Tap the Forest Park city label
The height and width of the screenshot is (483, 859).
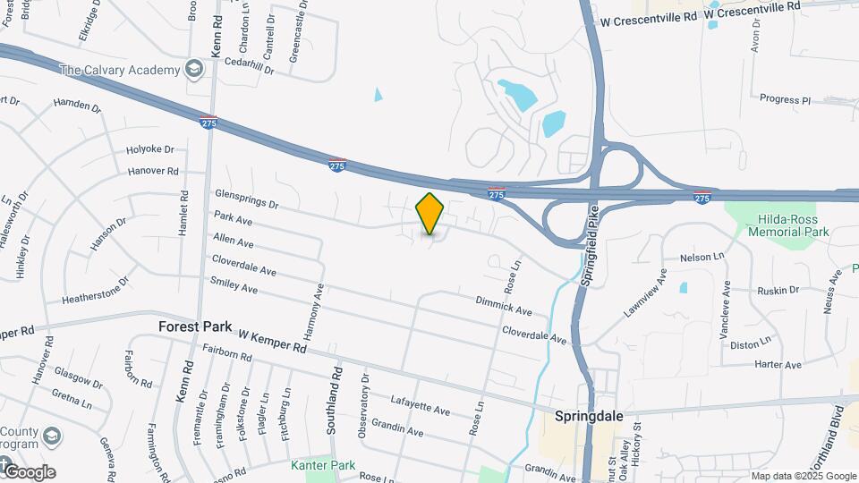[195, 327]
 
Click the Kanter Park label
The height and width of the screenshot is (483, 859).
[323, 465]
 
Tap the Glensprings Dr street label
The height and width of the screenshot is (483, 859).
[247, 204]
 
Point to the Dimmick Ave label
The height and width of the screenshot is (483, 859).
[504, 307]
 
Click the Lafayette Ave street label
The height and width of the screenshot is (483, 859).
[421, 404]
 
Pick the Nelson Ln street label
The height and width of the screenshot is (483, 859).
[702, 258]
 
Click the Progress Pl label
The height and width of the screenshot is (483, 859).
[785, 99]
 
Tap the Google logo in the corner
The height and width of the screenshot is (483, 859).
[29, 472]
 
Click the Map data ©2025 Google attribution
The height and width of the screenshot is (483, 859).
[804, 476]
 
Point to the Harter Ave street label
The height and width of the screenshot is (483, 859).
[778, 365]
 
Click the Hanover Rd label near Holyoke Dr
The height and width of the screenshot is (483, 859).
[153, 171]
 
